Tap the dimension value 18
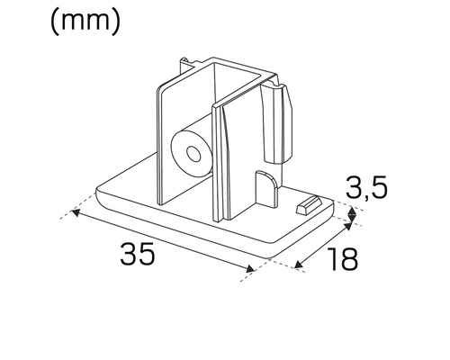[342, 259]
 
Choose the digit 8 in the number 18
[349, 259]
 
